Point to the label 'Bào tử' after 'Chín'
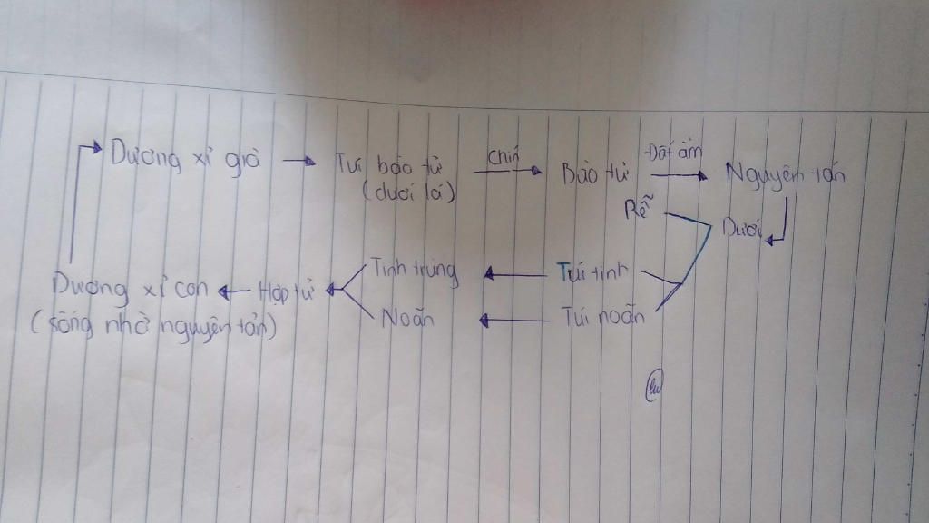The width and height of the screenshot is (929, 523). (x=590, y=172)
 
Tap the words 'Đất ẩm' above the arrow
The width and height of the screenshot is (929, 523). (x=675, y=152)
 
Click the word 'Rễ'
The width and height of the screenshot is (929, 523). (x=640, y=212)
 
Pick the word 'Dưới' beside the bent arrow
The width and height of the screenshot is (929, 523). (x=741, y=226)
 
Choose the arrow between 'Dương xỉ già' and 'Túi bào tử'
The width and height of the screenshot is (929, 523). (x=299, y=163)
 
